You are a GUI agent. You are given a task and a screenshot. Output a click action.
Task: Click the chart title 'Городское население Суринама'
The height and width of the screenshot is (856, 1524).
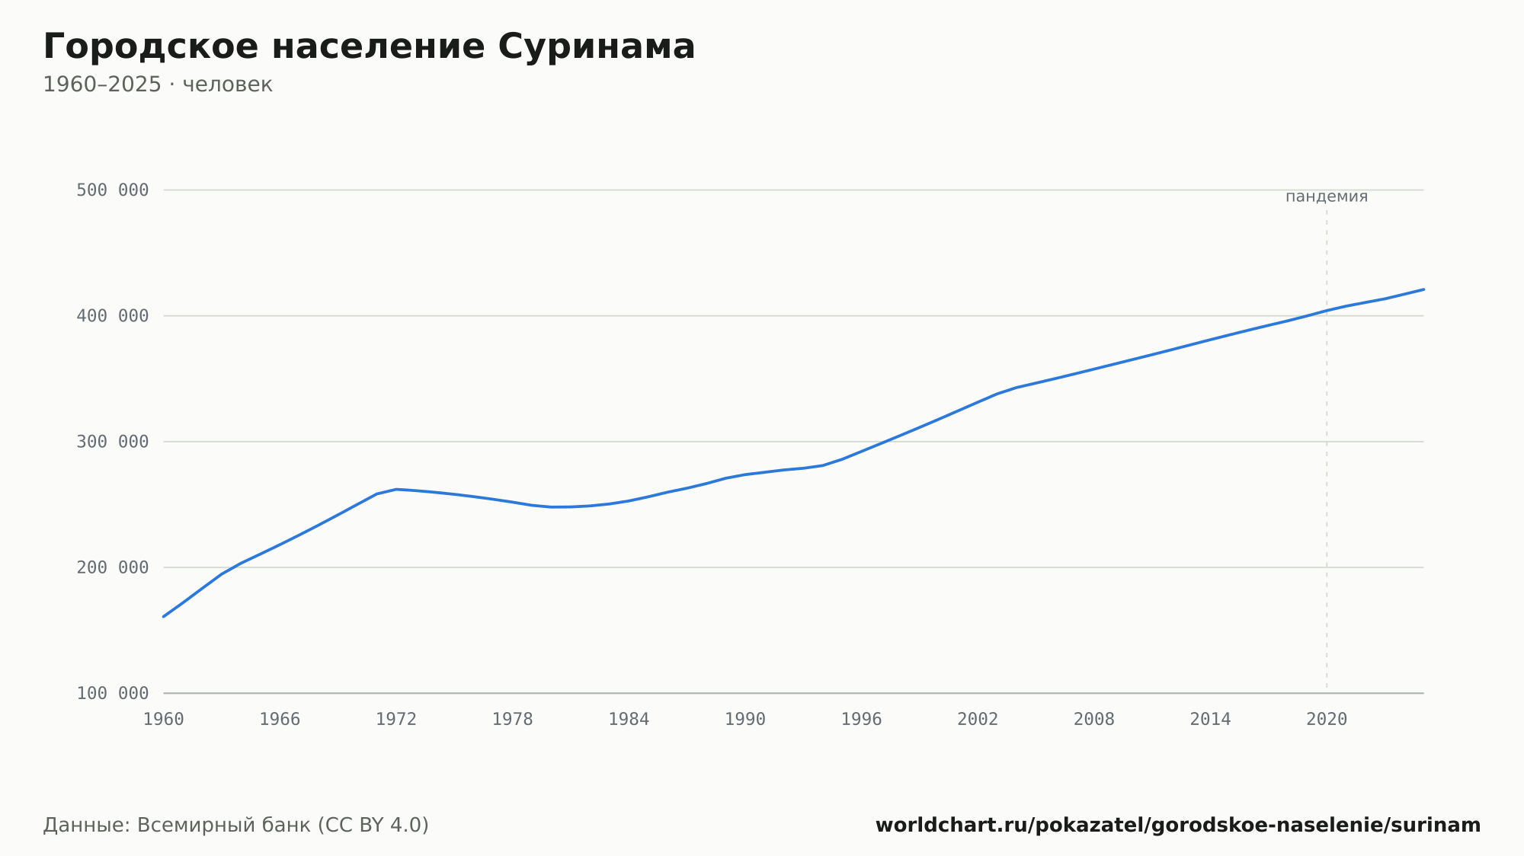[369, 47]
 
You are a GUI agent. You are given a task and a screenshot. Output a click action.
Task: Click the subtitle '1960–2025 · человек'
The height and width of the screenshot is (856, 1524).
[158, 85]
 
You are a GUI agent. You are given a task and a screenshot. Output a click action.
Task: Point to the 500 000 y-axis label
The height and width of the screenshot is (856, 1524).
[112, 190]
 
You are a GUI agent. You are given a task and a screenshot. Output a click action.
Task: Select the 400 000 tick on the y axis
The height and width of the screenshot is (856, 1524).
[112, 316]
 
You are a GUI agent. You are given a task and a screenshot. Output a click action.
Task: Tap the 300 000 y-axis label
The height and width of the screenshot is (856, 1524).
[112, 442]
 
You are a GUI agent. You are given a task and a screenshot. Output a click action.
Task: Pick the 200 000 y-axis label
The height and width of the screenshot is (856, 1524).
[112, 567]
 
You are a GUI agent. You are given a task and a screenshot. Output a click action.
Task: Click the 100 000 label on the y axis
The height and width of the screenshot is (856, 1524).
[112, 694]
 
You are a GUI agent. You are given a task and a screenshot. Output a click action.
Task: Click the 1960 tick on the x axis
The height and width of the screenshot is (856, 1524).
[164, 720]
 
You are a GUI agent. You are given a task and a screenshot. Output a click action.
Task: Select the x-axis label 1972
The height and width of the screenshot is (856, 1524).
[396, 720]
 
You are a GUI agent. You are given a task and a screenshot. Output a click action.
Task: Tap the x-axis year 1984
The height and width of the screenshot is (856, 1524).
[629, 720]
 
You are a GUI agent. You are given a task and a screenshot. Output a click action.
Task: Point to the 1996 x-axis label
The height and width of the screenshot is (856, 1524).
[861, 720]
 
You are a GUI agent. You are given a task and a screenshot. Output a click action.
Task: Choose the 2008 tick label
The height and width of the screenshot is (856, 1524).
[1094, 720]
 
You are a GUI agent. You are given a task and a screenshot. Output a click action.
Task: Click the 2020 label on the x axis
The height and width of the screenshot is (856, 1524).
[1327, 720]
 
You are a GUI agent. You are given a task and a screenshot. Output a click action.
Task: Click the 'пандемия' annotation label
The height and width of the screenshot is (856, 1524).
[1327, 197]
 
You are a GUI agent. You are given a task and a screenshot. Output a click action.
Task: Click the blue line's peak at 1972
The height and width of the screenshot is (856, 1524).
[396, 489]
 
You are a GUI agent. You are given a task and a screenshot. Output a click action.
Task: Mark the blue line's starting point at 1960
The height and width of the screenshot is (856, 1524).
[164, 616]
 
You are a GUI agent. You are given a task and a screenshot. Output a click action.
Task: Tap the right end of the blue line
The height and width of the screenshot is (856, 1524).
[1423, 289]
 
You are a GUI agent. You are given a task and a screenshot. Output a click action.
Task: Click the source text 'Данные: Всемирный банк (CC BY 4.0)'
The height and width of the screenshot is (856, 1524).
[236, 826]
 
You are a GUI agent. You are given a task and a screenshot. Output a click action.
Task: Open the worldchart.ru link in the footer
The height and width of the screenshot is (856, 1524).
[1178, 826]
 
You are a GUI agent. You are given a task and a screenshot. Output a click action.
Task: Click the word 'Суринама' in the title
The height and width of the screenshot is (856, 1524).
[597, 47]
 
